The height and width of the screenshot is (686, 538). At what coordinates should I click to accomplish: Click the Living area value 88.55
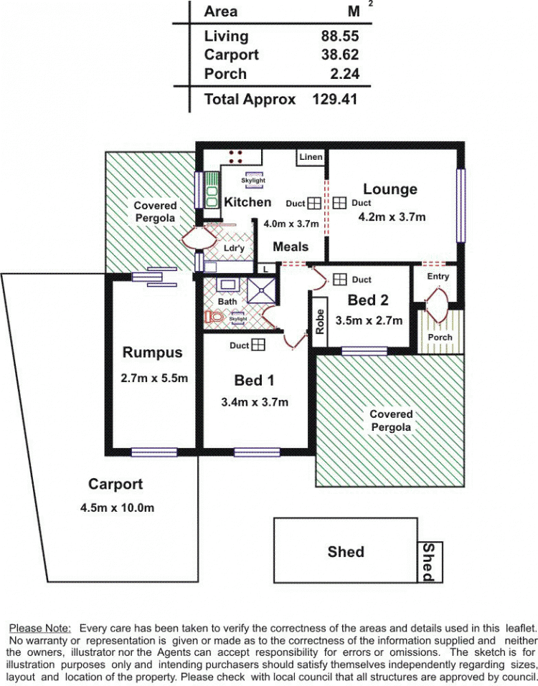point(340,36)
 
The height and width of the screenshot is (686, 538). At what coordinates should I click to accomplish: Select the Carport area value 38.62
point(340,54)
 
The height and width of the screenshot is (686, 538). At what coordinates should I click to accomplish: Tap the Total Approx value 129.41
point(335,99)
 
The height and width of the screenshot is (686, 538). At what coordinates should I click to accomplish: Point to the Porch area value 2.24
point(344,74)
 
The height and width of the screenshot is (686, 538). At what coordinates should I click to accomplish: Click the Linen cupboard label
point(311,156)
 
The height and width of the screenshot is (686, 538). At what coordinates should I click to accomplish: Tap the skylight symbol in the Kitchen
point(253,180)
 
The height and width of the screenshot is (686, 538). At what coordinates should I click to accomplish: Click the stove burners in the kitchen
point(236,157)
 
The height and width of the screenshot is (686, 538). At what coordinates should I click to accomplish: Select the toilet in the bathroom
point(214,316)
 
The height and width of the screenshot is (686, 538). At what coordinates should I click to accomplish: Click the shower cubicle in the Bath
point(262,290)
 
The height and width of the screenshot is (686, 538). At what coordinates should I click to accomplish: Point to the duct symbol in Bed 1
point(258,345)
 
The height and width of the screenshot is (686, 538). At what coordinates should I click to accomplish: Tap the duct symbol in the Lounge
point(339,203)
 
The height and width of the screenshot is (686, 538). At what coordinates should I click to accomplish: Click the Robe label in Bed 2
point(320,322)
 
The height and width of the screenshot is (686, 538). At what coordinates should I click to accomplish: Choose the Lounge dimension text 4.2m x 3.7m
point(392,216)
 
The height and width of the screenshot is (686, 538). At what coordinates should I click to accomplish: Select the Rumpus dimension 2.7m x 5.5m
point(154,378)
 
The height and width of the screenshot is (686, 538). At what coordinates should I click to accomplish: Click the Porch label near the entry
point(440,337)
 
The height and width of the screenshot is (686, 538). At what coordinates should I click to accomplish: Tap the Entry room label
point(438,276)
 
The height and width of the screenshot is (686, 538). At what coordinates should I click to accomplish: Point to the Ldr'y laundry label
point(234,248)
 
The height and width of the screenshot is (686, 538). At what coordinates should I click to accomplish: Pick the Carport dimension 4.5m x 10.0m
point(117,508)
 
